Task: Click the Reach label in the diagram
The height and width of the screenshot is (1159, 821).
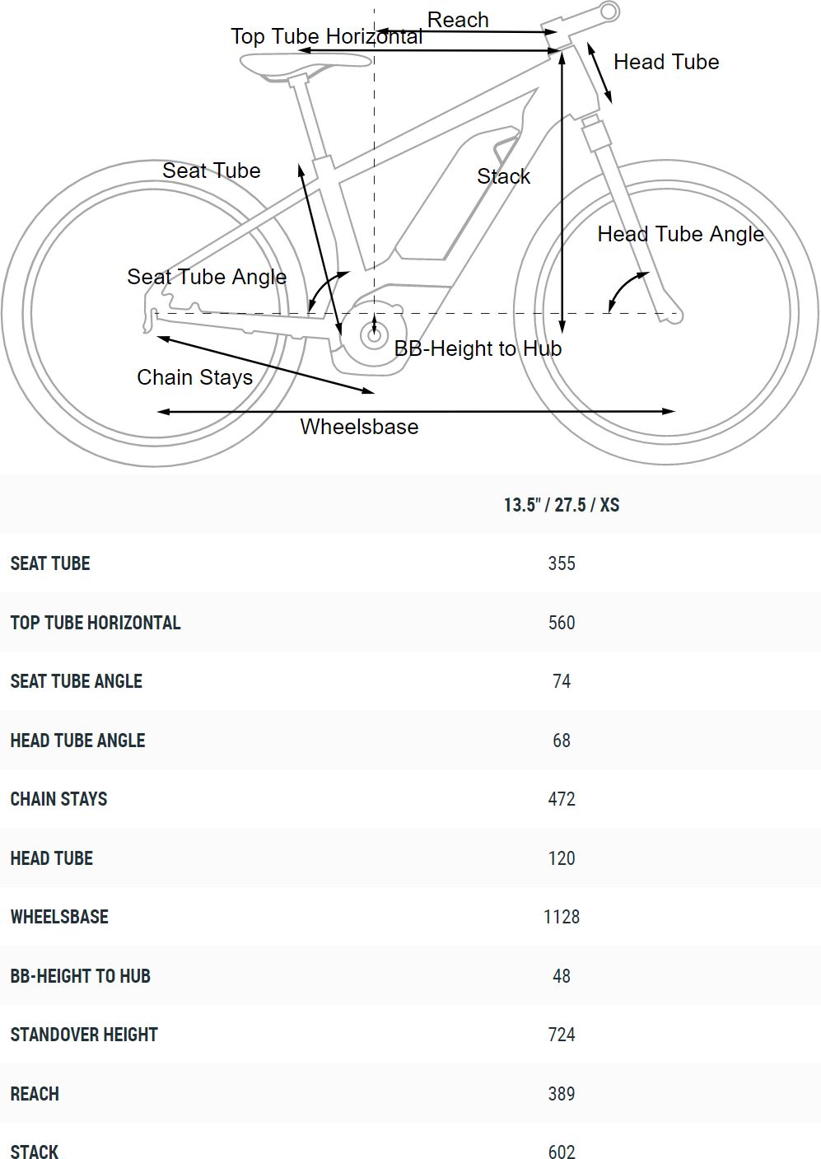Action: click(458, 20)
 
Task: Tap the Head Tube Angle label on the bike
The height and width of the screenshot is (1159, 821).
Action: click(680, 234)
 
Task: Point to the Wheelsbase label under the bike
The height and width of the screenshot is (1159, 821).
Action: click(359, 427)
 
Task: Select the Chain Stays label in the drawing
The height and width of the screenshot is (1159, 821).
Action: click(194, 377)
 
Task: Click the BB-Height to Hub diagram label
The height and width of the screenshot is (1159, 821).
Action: click(478, 348)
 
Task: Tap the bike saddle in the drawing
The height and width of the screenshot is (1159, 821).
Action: click(305, 63)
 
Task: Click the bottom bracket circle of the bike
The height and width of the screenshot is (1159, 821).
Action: click(374, 334)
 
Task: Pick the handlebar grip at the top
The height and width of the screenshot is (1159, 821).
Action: click(609, 12)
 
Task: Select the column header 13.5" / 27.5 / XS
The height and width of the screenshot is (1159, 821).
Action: click(561, 505)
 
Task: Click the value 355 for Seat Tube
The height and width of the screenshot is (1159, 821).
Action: click(561, 563)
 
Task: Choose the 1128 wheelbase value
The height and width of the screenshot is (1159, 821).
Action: click(561, 917)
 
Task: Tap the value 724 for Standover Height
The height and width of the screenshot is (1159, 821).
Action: click(561, 1035)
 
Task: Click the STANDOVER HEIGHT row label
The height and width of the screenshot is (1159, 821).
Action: click(84, 1035)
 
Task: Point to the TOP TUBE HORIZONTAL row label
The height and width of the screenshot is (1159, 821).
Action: click(96, 623)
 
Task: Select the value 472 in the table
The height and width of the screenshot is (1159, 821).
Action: click(561, 799)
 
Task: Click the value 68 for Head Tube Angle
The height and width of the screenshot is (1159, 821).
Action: click(561, 741)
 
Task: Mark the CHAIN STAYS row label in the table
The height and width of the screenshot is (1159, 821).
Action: click(58, 799)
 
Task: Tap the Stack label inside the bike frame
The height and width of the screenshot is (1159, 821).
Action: click(503, 176)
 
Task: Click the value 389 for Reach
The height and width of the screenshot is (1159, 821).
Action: click(561, 1094)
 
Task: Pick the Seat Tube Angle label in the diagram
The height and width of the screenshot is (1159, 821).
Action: click(207, 277)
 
